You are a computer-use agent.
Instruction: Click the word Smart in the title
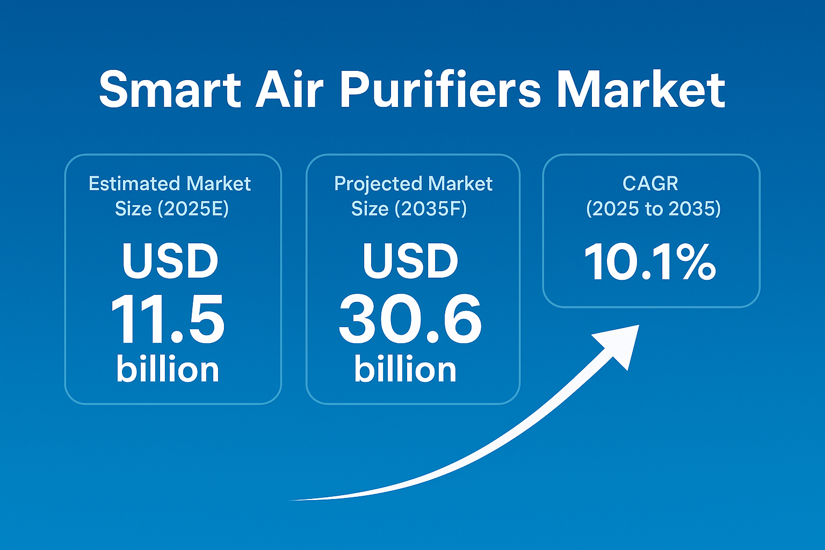pyautogui.click(x=170, y=90)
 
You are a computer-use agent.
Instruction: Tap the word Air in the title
pyautogui.click(x=289, y=90)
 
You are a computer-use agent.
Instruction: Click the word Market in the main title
pyautogui.click(x=640, y=90)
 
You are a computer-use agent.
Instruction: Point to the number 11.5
pyautogui.click(x=168, y=319)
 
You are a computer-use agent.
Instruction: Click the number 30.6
pyautogui.click(x=410, y=319)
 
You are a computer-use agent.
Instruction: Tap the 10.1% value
pyautogui.click(x=650, y=262)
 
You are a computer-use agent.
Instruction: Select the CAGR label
pyautogui.click(x=650, y=183)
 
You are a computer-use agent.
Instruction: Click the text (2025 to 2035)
pyautogui.click(x=653, y=208)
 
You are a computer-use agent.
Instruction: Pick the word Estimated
pyautogui.click(x=134, y=183)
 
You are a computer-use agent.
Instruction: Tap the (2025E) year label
pyautogui.click(x=193, y=208)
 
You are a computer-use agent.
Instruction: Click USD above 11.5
pyautogui.click(x=170, y=260)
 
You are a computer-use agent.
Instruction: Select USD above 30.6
pyautogui.click(x=411, y=260)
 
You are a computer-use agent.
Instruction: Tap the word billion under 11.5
pyautogui.click(x=168, y=369)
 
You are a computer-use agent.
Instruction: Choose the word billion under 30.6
pyautogui.click(x=406, y=369)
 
